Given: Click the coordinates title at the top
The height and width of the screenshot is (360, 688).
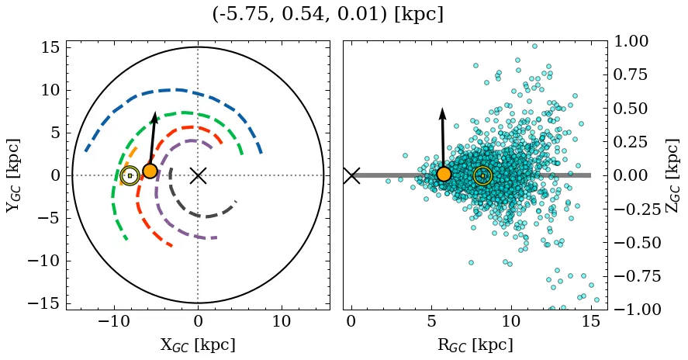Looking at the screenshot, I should [327, 14].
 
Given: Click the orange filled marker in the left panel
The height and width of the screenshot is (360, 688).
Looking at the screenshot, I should [150, 171].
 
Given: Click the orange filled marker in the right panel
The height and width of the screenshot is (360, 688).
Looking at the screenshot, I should [444, 174].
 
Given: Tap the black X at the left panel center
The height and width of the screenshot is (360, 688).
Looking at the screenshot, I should [198, 175].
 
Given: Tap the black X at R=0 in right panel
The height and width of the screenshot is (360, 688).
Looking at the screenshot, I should [351, 175].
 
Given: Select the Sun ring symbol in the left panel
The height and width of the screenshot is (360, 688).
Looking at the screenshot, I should [130, 176].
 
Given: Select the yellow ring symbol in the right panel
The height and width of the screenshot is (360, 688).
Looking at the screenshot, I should [482, 175].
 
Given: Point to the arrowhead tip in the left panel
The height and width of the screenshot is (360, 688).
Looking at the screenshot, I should [155, 112].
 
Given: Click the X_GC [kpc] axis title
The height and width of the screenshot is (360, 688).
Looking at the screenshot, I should [198, 345].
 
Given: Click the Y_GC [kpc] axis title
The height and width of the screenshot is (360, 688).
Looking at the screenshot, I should [12, 175].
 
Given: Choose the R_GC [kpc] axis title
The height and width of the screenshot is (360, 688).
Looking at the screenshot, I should [475, 345].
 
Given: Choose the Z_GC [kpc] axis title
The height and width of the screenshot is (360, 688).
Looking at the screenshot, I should [673, 175].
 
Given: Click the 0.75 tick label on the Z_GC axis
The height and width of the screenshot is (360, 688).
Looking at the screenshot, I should [634, 75].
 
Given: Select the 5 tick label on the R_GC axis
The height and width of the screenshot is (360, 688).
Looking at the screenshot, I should [431, 321].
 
